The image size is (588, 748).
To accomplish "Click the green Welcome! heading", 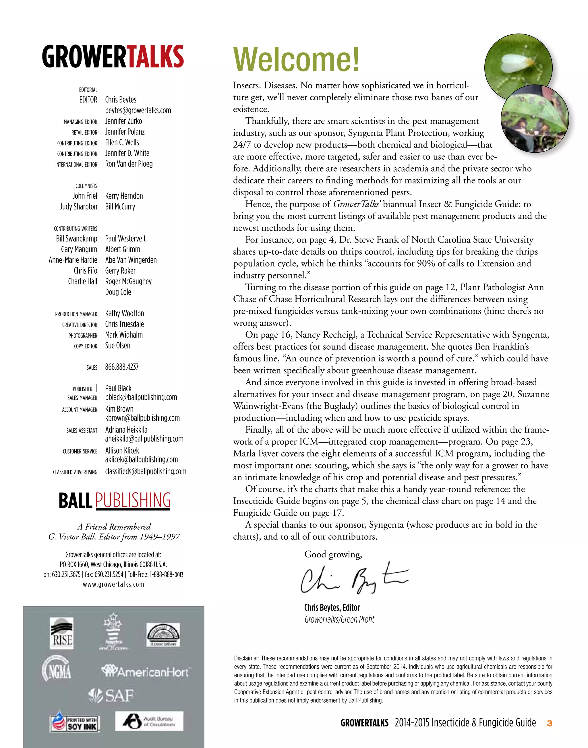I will click(x=296, y=59).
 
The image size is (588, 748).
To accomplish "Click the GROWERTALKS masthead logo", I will click(x=113, y=57).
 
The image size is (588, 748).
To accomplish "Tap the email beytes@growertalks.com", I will click(x=138, y=111).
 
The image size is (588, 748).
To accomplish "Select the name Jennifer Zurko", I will click(x=123, y=121).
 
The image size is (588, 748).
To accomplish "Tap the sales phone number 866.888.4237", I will click(x=121, y=367).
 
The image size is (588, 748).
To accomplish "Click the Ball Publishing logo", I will click(x=114, y=501).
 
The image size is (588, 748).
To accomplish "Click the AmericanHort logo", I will click(x=146, y=672).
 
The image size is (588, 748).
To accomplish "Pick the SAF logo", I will click(x=111, y=696).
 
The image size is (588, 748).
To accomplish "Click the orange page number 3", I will click(x=550, y=723).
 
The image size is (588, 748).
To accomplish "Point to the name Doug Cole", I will click(x=118, y=292).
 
